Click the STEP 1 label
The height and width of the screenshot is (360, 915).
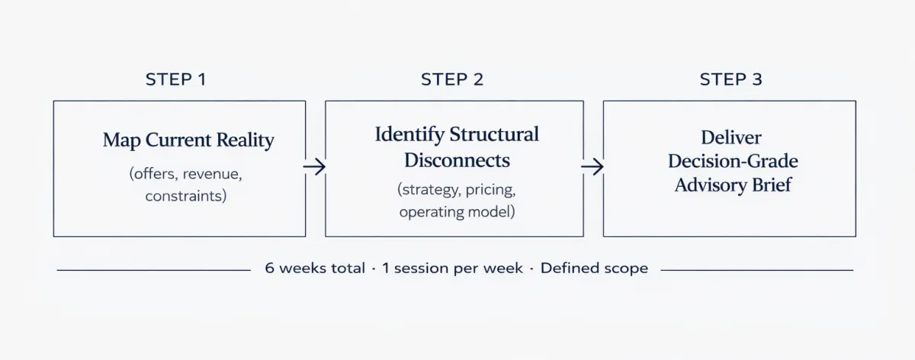pyautogui.click(x=176, y=79)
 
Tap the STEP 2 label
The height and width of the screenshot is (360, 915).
pyautogui.click(x=452, y=79)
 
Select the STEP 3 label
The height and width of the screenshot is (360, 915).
pyautogui.click(x=730, y=79)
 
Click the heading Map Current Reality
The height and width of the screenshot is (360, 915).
pyautogui.click(x=188, y=140)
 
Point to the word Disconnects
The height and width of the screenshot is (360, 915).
pyautogui.click(x=457, y=160)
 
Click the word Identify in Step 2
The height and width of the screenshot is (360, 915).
pyautogui.click(x=409, y=135)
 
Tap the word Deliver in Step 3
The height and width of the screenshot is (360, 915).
pyautogui.click(x=731, y=138)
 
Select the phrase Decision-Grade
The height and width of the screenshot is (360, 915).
pyautogui.click(x=733, y=161)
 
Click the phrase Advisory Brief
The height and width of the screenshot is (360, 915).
pyautogui.click(x=733, y=185)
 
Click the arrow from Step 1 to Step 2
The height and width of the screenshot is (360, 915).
pyautogui.click(x=314, y=166)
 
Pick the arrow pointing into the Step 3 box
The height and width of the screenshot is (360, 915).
pyautogui.click(x=592, y=166)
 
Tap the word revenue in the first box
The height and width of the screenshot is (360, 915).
pyautogui.click(x=212, y=175)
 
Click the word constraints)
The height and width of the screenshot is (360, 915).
pyautogui.click(x=186, y=196)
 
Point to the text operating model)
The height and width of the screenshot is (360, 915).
pyautogui.click(x=457, y=212)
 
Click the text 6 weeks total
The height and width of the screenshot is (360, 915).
pyautogui.click(x=315, y=268)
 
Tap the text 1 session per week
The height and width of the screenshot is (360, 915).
pyautogui.click(x=452, y=268)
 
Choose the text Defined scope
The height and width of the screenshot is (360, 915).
pyautogui.click(x=594, y=268)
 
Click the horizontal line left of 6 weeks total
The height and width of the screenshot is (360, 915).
pyautogui.click(x=153, y=270)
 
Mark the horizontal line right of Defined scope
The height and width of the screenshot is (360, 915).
pyautogui.click(x=757, y=270)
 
